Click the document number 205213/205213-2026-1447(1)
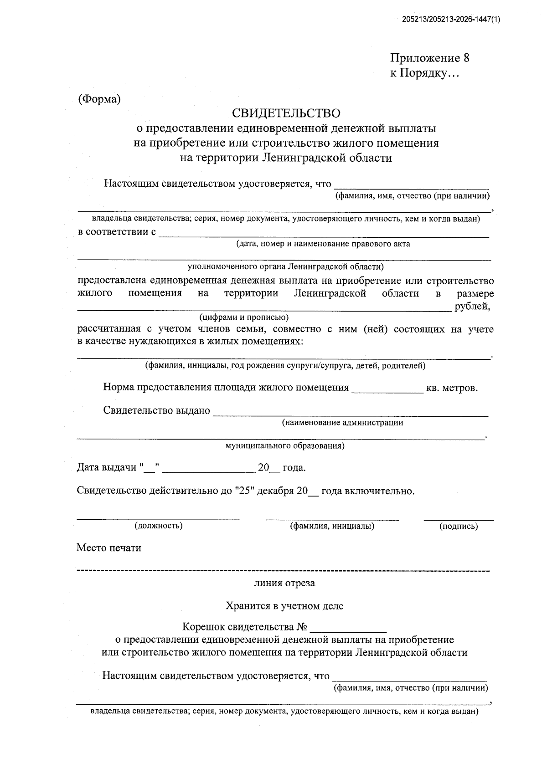[x=451, y=20]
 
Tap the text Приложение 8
[x=429, y=58]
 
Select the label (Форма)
[x=99, y=99]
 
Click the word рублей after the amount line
[x=472, y=307]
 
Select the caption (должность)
[x=158, y=526]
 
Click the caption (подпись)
[x=459, y=526]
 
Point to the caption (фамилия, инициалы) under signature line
[x=332, y=526]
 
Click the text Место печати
[x=109, y=548]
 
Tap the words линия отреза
[x=284, y=583]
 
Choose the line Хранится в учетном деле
[x=284, y=606]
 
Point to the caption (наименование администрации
[x=342, y=423]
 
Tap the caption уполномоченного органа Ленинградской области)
[x=286, y=266]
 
